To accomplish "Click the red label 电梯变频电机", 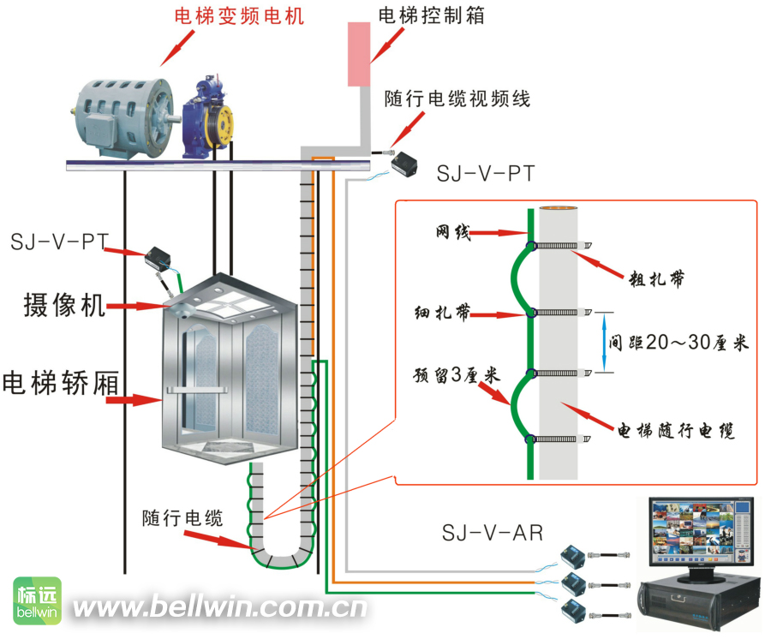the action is (240, 15).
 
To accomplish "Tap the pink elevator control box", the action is (359, 54).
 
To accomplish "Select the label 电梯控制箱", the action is (431, 15).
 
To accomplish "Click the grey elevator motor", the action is (123, 118).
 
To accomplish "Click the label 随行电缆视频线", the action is (457, 99).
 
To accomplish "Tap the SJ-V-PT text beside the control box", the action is (486, 174).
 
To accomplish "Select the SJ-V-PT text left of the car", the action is (59, 242).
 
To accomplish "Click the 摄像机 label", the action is (64, 305).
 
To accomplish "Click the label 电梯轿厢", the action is (61, 382).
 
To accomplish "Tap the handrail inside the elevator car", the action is (197, 391).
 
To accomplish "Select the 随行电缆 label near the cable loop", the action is (182, 518).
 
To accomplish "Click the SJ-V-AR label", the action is (493, 533).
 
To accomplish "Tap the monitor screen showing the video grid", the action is (701, 532).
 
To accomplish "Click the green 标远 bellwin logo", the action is (38, 600).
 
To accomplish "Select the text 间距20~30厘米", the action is (678, 343).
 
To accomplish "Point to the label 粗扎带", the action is (656, 278).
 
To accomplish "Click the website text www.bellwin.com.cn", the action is (220, 606).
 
